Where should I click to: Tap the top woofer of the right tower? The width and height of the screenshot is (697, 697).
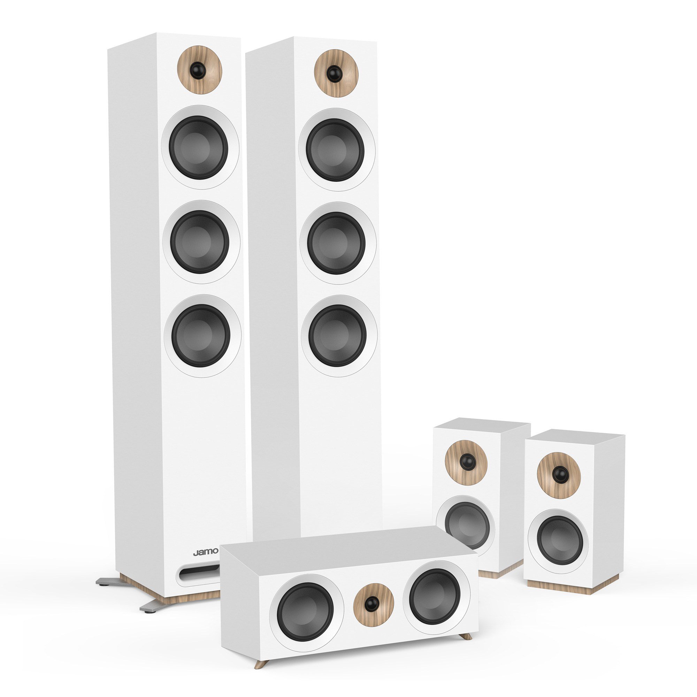[x=336, y=150]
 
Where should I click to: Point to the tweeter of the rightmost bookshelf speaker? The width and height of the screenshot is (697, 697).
[x=558, y=474]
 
